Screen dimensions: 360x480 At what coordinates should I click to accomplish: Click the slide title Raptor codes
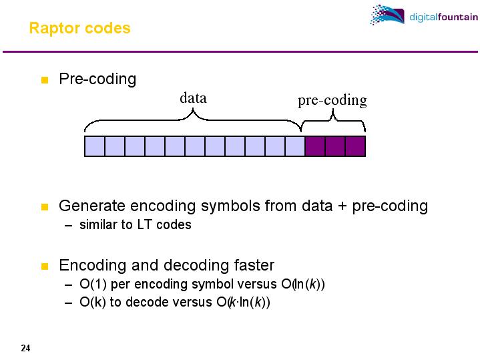[79, 29]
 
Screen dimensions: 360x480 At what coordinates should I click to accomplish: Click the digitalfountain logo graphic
[387, 15]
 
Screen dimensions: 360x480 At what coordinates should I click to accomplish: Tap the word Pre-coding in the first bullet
[97, 79]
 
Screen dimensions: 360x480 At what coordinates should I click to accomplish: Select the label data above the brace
[193, 98]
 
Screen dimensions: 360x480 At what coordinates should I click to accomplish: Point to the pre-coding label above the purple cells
[332, 100]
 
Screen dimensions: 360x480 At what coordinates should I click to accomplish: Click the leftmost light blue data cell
[95, 146]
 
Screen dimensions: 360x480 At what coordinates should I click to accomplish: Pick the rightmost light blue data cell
[295, 146]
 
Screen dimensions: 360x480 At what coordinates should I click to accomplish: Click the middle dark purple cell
[335, 146]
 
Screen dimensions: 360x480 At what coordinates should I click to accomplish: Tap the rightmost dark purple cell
[355, 146]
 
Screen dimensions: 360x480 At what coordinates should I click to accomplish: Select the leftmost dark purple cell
[315, 146]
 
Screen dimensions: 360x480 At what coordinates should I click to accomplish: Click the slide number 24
[25, 348]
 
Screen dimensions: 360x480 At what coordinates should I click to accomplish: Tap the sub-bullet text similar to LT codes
[136, 225]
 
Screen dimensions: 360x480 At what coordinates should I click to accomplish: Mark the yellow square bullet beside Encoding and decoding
[45, 266]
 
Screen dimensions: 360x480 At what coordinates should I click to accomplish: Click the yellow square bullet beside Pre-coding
[45, 80]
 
